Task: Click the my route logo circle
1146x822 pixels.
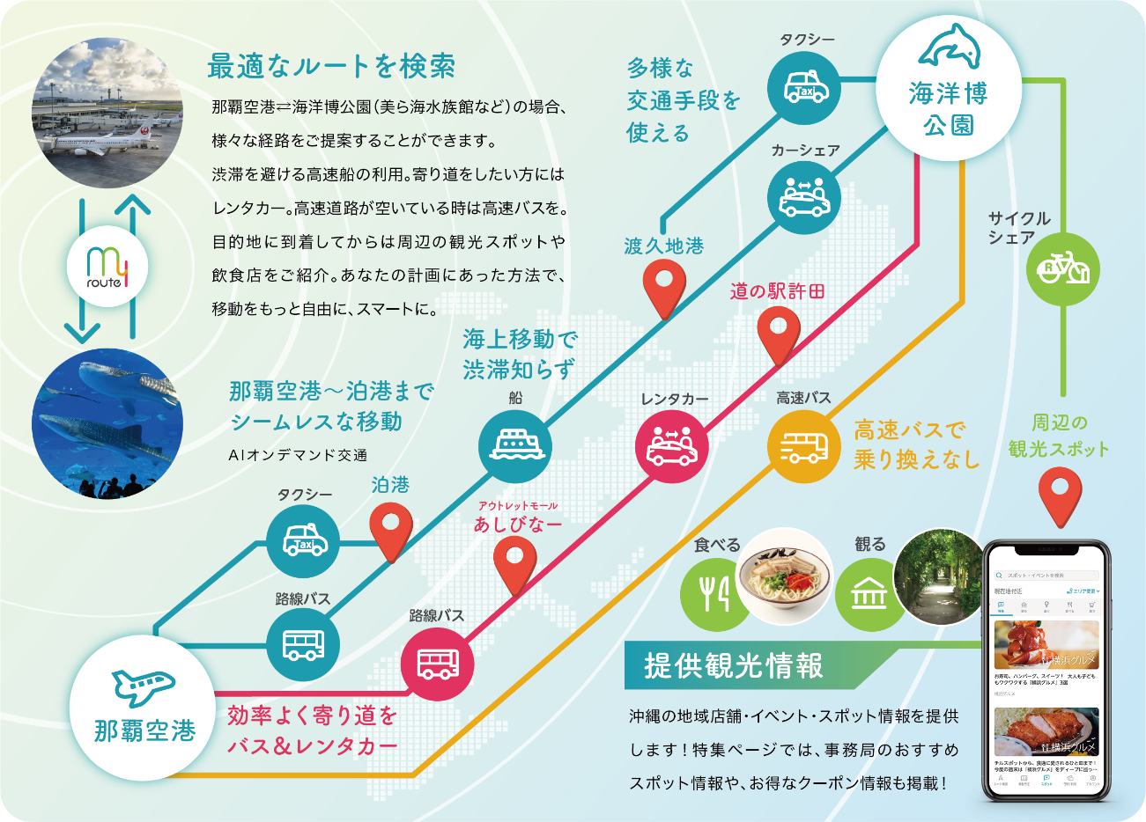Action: click(x=107, y=267)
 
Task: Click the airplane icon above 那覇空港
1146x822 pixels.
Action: click(x=143, y=686)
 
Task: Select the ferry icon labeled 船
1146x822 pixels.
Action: click(x=515, y=445)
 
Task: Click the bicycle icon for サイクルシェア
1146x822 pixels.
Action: click(x=1063, y=268)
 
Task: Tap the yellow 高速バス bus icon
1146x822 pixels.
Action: click(x=803, y=446)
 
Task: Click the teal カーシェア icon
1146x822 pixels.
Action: click(x=804, y=199)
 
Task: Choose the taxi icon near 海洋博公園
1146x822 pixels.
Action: click(x=804, y=89)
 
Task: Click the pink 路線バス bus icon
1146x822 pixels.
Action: click(x=438, y=663)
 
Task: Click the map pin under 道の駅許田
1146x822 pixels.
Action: click(x=778, y=334)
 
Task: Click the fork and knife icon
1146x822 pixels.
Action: click(x=715, y=594)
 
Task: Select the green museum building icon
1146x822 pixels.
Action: click(x=869, y=594)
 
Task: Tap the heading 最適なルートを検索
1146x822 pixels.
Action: click(x=331, y=67)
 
